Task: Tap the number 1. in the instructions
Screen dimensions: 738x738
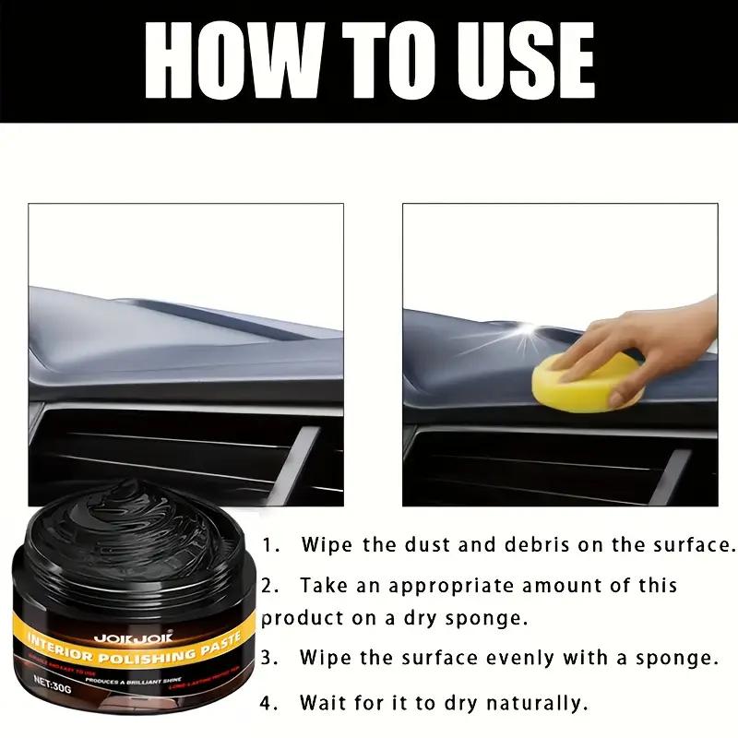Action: [x=269, y=544]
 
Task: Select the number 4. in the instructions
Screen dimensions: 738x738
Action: [x=269, y=704]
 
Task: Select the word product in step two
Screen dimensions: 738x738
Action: [x=300, y=618]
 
